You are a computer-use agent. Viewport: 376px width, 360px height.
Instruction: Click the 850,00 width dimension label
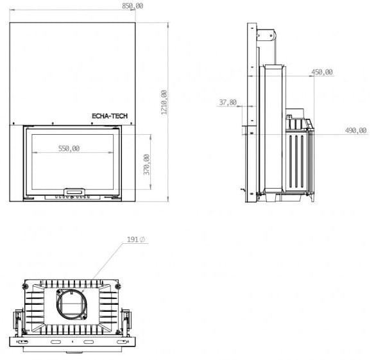132,6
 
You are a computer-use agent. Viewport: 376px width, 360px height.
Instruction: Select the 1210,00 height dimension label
164,103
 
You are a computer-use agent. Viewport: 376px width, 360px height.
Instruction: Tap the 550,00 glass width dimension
69,148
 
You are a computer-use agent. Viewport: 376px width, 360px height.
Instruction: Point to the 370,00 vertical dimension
147,164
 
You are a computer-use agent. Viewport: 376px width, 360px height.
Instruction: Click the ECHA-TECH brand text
110,116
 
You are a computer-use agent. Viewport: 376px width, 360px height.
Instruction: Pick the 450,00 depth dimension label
322,72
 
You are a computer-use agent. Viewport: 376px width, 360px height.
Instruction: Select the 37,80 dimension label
228,103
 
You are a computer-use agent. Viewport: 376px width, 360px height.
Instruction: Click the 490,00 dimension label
356,130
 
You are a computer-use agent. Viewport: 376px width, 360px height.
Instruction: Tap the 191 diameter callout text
136,239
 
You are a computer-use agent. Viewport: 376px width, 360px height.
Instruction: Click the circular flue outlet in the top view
71,304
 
